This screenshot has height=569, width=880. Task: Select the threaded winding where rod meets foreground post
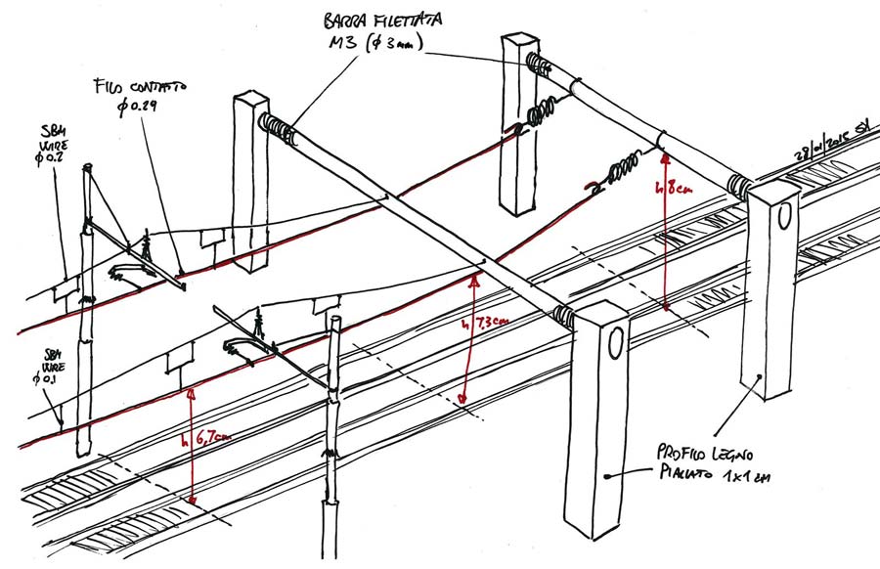563,314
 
